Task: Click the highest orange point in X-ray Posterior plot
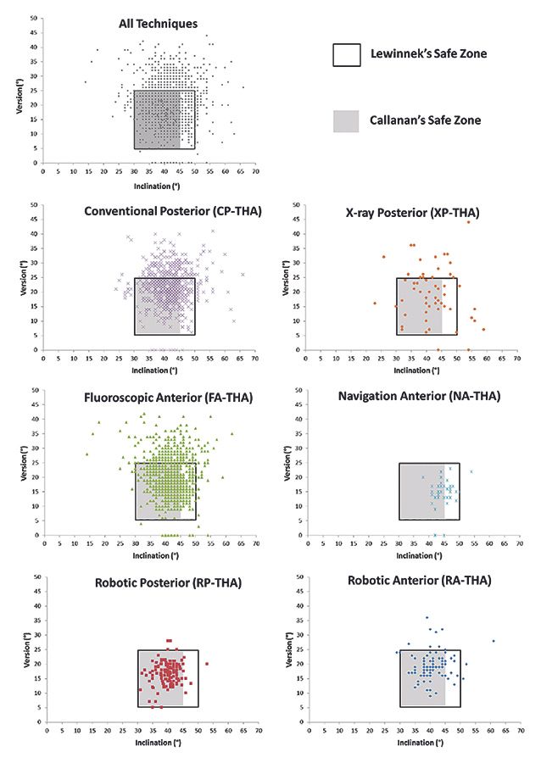coord(467,222)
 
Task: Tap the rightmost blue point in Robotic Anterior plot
coord(494,641)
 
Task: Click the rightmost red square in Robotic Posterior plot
coord(207,664)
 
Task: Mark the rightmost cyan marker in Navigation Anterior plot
coord(471,471)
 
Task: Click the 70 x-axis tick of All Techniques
coord(255,170)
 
